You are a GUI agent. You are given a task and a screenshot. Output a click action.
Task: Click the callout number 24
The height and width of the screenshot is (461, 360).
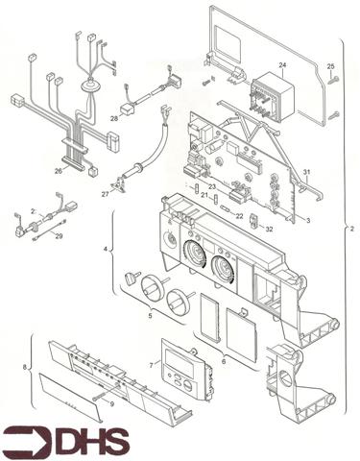tap(282, 65)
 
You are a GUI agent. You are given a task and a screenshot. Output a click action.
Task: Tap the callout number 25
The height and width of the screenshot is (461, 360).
tap(330, 66)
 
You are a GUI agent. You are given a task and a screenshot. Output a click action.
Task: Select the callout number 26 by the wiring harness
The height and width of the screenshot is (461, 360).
tap(59, 171)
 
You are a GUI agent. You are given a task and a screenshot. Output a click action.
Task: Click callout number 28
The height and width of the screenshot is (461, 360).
tap(113, 119)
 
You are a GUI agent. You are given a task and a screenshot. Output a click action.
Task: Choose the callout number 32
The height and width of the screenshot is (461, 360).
tap(269, 230)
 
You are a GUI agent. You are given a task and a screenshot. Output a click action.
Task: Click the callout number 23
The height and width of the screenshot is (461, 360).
tap(211, 186)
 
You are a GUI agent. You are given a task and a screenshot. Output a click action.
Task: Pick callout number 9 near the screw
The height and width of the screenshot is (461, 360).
tap(111, 404)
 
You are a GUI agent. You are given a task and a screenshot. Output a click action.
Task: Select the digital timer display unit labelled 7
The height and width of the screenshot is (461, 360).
tap(183, 373)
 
